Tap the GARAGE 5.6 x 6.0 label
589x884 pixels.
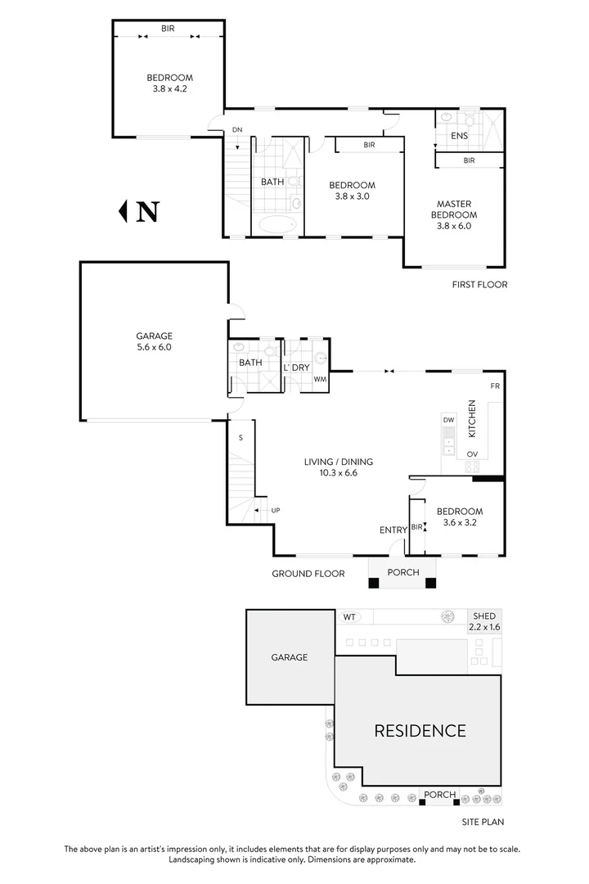[x=154, y=341]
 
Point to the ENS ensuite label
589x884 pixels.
[x=460, y=135]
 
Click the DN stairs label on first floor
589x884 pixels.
[x=237, y=130]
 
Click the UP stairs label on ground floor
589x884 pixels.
[x=275, y=511]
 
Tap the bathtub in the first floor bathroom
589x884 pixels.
[x=277, y=225]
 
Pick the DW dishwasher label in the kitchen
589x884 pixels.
[x=448, y=420]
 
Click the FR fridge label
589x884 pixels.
[x=494, y=386]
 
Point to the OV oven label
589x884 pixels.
[x=472, y=453]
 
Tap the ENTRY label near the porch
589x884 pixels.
[x=393, y=530]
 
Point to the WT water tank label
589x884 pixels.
[x=349, y=616]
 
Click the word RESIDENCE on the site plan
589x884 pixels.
[x=420, y=730]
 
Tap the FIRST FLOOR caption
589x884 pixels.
[x=479, y=285]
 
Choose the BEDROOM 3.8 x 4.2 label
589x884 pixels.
[x=170, y=83]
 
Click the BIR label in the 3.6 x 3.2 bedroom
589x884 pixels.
[x=416, y=526]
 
